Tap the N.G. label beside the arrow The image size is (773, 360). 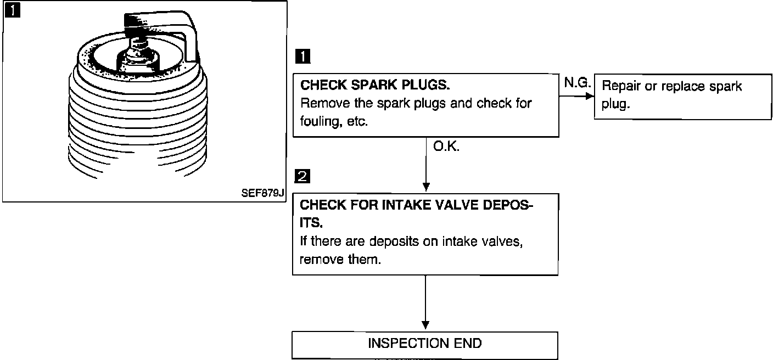[576, 83]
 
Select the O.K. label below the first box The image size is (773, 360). [446, 147]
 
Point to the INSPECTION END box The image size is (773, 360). [424, 344]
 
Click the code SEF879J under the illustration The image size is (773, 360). [262, 193]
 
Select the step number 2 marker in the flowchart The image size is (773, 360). [303, 177]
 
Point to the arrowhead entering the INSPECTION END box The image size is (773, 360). [425, 325]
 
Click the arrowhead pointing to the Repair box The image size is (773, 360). [589, 96]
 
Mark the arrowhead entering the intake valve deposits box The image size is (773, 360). [425, 187]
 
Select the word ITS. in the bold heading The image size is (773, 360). [311, 223]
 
